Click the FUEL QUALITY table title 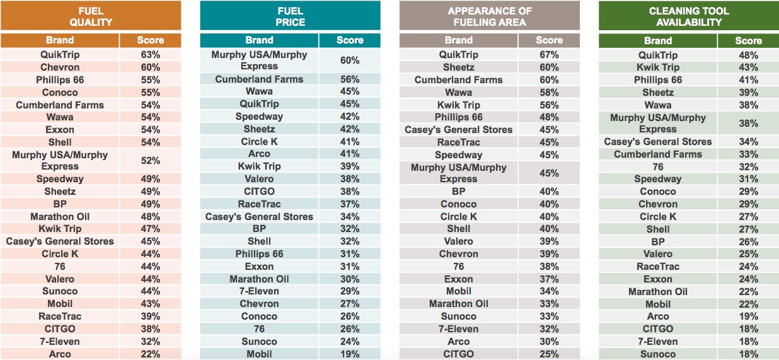click(x=91, y=16)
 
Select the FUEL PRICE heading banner click(x=290, y=16)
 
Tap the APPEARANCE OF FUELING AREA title click(x=490, y=16)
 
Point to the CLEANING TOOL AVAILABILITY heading click(x=689, y=16)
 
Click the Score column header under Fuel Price click(x=350, y=40)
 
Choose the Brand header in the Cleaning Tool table click(x=658, y=40)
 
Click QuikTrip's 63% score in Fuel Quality click(x=150, y=55)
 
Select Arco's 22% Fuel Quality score click(x=150, y=354)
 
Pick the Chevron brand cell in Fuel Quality click(x=60, y=67)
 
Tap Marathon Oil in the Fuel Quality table click(x=60, y=216)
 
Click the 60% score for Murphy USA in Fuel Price click(x=350, y=61)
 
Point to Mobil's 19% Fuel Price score click(x=350, y=354)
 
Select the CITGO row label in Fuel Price click(x=260, y=191)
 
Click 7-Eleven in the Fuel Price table click(x=260, y=291)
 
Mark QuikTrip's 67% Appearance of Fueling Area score click(x=549, y=55)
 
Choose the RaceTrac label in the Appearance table click(x=459, y=142)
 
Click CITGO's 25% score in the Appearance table click(x=549, y=354)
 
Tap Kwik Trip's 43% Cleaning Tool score click(x=748, y=67)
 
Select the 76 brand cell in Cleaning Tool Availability click(x=658, y=166)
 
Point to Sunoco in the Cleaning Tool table click(x=658, y=354)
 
